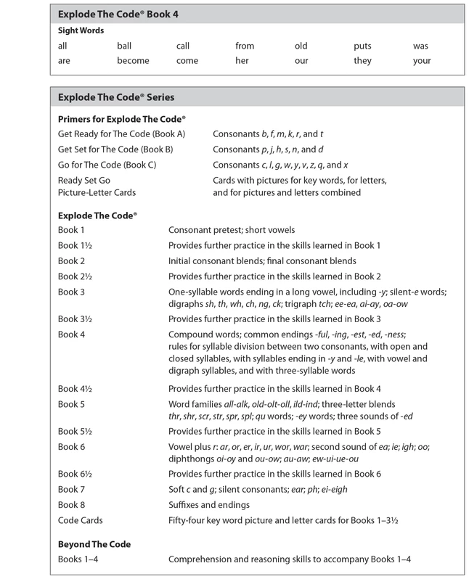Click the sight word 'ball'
[123, 46]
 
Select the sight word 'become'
[131, 61]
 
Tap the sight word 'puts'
[363, 46]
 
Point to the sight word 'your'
[422, 61]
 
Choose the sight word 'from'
[245, 46]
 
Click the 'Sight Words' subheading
[81, 31]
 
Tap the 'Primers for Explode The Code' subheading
[122, 119]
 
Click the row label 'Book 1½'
[75, 245]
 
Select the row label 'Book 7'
[72, 490]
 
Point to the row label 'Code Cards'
[80, 520]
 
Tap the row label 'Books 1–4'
[77, 559]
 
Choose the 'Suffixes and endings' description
[211, 505]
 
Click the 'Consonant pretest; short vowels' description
[232, 230]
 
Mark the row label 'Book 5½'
[75, 432]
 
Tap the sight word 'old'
[301, 46]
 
